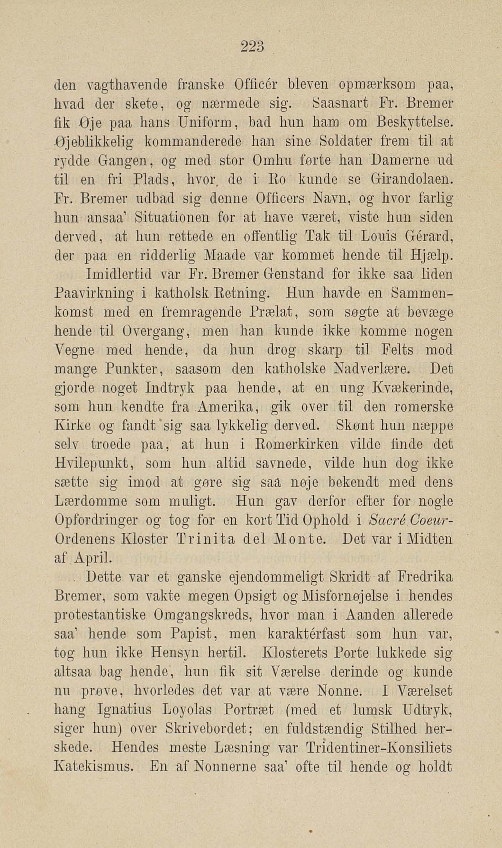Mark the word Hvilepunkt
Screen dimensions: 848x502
pos(93,464)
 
